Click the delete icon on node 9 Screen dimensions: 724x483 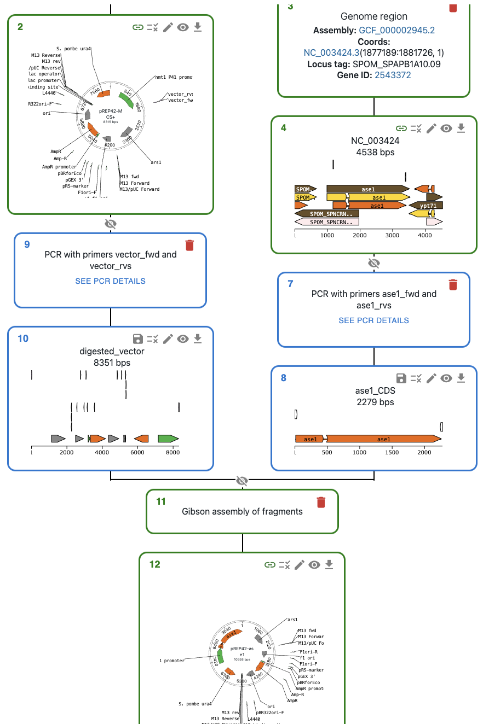[189, 245]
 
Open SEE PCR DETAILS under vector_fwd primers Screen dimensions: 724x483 [111, 281]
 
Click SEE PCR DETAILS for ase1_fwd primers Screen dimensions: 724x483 [373, 320]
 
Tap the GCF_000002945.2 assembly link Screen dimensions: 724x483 [397, 30]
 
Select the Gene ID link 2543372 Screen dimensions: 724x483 [393, 75]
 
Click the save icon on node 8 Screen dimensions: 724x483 [401, 378]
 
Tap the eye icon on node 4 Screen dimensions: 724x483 [446, 129]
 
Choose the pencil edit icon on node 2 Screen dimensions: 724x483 [168, 27]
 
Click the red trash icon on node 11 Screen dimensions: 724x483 [321, 501]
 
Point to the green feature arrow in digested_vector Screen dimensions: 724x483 [168, 439]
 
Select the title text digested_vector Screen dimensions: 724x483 [112, 351]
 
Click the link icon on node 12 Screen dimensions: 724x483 [269, 565]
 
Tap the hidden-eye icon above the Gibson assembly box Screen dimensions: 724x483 [242, 481]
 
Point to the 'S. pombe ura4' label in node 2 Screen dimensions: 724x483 [74, 49]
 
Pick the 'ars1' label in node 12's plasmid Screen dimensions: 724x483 [292, 620]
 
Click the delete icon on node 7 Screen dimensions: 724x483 [453, 284]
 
